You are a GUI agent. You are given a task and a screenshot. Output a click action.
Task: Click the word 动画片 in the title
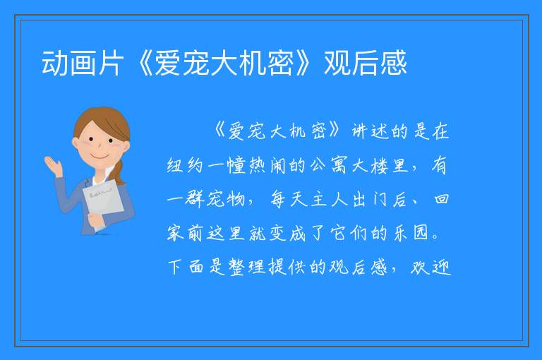pyautogui.click(x=83, y=63)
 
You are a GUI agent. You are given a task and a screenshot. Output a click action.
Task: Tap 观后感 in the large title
pyautogui.click(x=365, y=63)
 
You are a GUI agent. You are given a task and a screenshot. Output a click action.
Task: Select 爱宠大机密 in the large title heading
pyautogui.click(x=224, y=63)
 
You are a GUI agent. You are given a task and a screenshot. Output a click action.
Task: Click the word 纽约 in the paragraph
pyautogui.click(x=185, y=165)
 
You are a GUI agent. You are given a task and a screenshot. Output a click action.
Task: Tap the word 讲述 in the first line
pyautogui.click(x=370, y=131)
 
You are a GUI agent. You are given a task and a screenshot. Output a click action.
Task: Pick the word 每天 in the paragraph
pyautogui.click(x=289, y=199)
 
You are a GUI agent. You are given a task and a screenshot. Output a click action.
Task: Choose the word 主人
pyautogui.click(x=330, y=199)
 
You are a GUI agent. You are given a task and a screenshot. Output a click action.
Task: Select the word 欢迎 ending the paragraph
pyautogui.click(x=431, y=267)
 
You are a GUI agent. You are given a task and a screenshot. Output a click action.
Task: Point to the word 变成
pyautogui.click(x=288, y=233)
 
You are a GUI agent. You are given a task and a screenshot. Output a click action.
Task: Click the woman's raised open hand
pyautogui.click(x=52, y=166)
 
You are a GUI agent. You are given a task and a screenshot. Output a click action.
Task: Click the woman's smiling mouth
pyautogui.click(x=100, y=157)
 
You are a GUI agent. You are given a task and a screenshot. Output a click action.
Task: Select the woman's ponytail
pyautogui.click(x=119, y=173)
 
